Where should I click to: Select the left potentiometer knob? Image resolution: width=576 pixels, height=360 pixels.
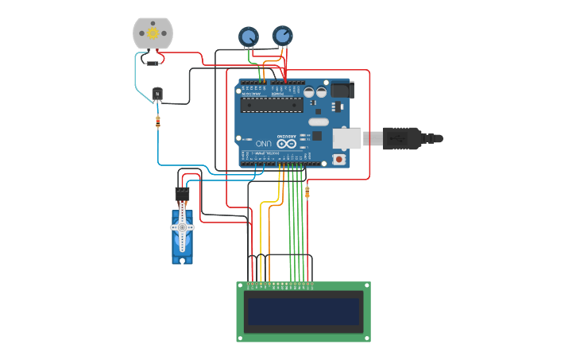tap(249, 37)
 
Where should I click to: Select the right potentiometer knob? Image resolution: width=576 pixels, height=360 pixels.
tap(282, 36)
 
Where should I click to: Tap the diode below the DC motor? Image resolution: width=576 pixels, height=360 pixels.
tap(151, 62)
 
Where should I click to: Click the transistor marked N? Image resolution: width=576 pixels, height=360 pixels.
tap(157, 94)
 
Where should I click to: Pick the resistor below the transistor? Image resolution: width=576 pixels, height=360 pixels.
tap(158, 122)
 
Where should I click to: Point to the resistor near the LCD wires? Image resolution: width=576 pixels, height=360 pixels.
tap(307, 192)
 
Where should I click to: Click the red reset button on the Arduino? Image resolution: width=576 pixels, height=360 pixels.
tap(339, 159)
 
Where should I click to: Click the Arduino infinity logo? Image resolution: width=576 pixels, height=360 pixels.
tap(281, 144)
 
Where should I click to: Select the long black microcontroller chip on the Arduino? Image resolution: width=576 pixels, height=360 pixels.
tap(272, 104)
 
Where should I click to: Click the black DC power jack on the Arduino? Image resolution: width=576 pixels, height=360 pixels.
tap(341, 90)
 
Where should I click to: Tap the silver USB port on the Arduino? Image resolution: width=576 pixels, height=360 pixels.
tap(346, 138)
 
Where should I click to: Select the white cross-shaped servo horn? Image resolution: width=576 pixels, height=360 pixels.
tap(182, 227)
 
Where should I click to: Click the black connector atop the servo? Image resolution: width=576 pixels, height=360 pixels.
tap(182, 194)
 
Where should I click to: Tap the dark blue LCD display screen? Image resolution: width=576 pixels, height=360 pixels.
tap(303, 312)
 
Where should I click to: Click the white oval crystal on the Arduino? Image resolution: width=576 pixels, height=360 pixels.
tap(318, 122)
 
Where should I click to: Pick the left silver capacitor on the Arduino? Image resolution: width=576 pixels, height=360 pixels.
tap(309, 92)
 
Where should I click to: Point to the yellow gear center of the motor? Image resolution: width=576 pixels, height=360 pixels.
tap(153, 33)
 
